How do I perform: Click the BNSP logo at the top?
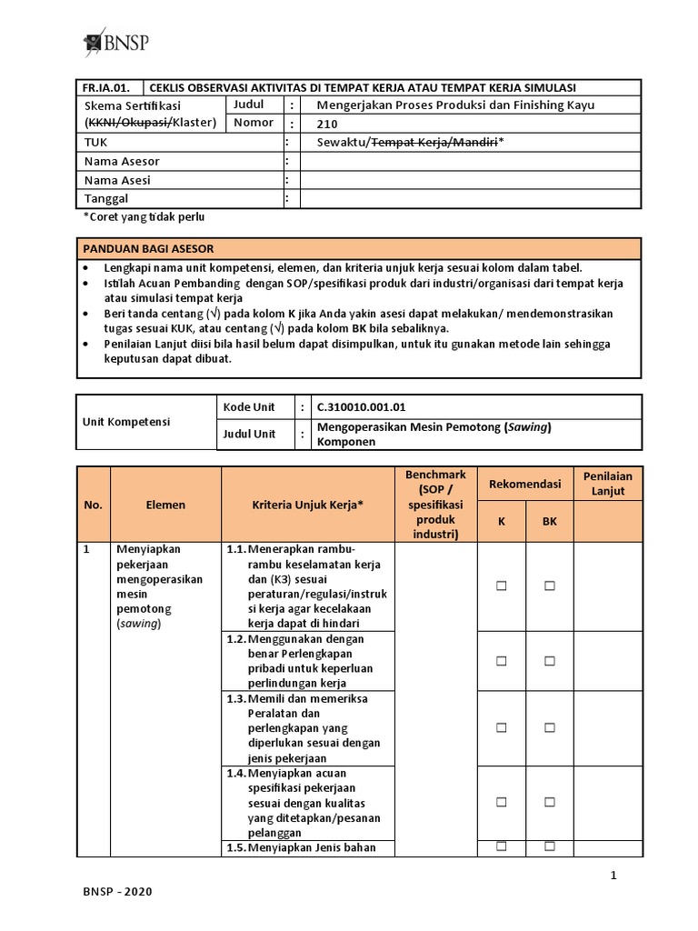click(x=116, y=43)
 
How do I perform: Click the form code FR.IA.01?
click(x=106, y=88)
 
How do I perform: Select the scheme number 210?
click(x=326, y=124)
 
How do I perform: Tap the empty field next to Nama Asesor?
click(x=470, y=161)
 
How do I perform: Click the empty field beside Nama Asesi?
click(x=470, y=180)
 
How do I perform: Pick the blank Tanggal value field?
click(x=470, y=198)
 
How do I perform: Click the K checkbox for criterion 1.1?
click(x=501, y=586)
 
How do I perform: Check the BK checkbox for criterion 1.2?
click(x=550, y=660)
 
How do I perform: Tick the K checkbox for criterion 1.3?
click(x=501, y=728)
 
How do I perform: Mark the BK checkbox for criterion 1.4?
click(x=550, y=802)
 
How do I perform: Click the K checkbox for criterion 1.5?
click(x=501, y=846)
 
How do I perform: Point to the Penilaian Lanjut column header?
click(x=608, y=484)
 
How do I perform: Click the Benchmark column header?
click(x=435, y=504)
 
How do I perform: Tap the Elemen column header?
click(x=165, y=505)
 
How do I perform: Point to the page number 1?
click(x=613, y=876)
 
